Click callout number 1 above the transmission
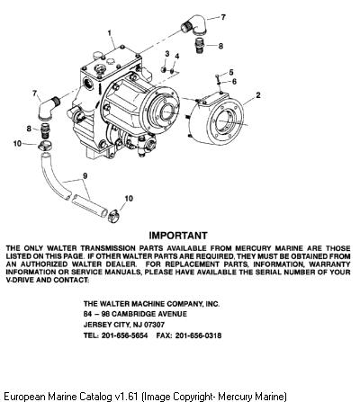click(110, 32)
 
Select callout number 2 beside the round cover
click(258, 95)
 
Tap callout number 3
click(167, 54)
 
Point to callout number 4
click(177, 57)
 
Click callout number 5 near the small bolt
click(231, 72)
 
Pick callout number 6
click(234, 81)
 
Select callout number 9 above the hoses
click(85, 175)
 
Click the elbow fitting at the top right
click(193, 25)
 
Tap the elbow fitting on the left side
click(48, 106)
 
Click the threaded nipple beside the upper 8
click(201, 45)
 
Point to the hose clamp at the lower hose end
click(113, 217)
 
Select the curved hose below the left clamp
click(53, 177)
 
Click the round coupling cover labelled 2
click(219, 119)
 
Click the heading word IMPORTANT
click(178, 236)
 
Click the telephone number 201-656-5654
click(124, 335)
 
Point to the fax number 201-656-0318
click(198, 335)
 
